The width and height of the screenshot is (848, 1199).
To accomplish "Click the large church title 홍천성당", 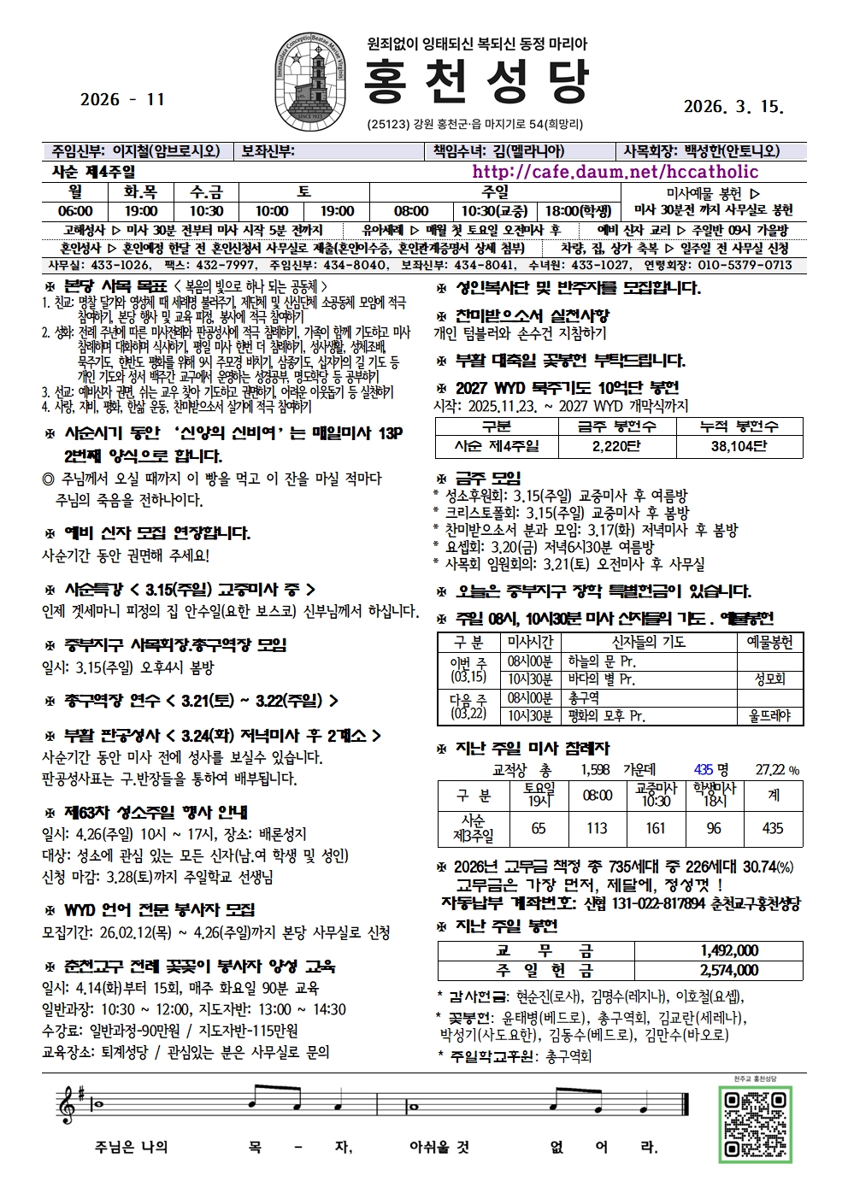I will (476, 82).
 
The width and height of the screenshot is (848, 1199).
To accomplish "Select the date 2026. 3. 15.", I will (733, 107).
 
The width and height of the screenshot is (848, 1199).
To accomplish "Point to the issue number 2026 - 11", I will (121, 99).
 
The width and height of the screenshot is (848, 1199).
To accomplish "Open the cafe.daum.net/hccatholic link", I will (615, 172).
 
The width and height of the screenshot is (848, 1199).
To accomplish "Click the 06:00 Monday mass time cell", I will (75, 211).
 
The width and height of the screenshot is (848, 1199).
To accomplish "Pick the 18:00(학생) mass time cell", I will (578, 211).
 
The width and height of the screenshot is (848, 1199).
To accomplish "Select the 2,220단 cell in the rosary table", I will (615, 446).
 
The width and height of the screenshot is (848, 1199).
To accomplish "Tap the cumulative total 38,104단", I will (739, 446).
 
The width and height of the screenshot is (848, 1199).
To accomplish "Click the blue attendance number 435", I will (704, 770).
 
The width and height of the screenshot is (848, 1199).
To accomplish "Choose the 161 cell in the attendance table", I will (655, 828).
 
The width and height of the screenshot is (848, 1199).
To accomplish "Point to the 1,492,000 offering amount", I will (729, 950).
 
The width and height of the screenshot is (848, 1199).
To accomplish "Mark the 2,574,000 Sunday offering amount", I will (729, 970).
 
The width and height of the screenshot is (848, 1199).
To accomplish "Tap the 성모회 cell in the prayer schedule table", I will (769, 679).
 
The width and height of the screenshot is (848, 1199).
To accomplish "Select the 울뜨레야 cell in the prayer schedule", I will (769, 716).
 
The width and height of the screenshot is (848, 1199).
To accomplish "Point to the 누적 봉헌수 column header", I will (739, 426).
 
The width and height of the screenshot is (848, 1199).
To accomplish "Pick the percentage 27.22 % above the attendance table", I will (776, 770).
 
